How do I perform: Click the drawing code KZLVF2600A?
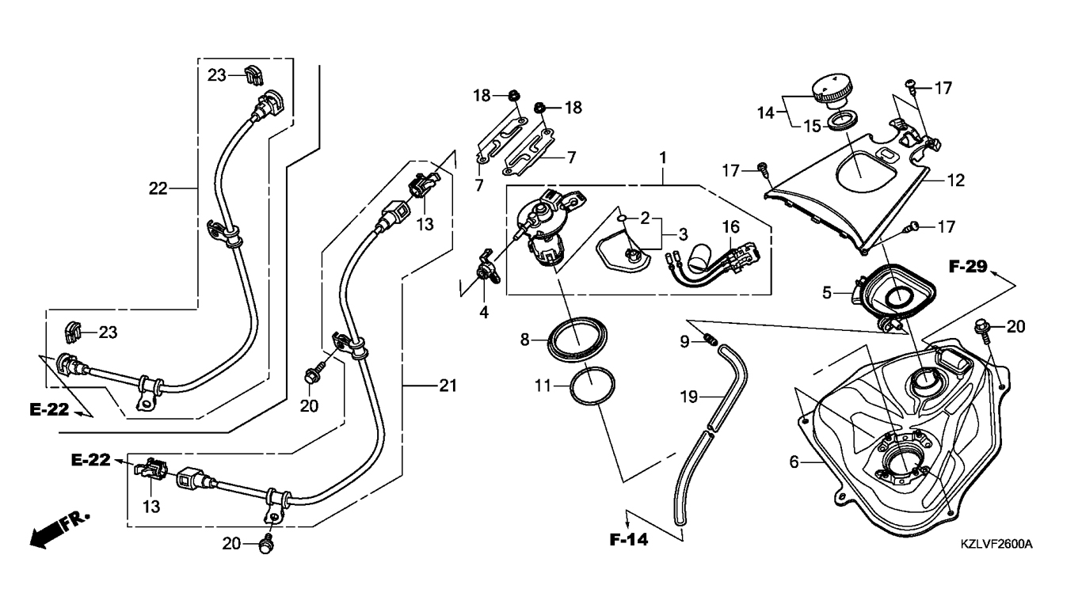coord(996,545)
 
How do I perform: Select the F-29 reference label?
coord(968,267)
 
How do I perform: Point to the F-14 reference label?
coord(629,541)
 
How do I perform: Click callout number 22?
coord(158,188)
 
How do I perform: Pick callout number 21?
coord(448,386)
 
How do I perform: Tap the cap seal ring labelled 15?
coord(842,122)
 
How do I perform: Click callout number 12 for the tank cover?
coord(955,180)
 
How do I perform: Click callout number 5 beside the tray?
coord(826,292)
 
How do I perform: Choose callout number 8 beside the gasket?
coord(524,340)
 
